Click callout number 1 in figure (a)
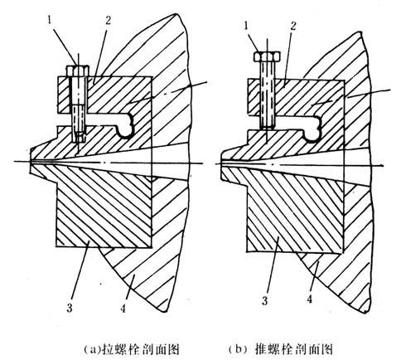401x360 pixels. (51, 20)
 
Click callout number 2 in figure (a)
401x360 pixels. (108, 20)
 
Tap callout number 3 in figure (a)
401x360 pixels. (70, 308)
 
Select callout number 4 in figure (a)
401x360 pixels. (123, 308)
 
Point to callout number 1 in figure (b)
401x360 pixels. (247, 26)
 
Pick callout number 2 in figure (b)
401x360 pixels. (293, 26)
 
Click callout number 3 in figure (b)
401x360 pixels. (265, 300)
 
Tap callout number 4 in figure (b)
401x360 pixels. (310, 299)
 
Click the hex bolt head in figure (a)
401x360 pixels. (78, 71)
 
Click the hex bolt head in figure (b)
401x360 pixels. (267, 56)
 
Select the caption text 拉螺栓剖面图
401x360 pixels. (141, 349)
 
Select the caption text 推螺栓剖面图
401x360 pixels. (292, 349)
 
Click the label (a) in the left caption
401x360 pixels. (93, 349)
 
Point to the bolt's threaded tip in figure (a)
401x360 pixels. (80, 136)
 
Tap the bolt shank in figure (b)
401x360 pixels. (267, 94)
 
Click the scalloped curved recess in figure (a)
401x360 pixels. (126, 126)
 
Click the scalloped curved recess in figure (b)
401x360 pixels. (313, 129)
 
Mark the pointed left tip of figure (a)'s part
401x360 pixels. (31, 161)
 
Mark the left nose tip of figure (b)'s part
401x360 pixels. (222, 164)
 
